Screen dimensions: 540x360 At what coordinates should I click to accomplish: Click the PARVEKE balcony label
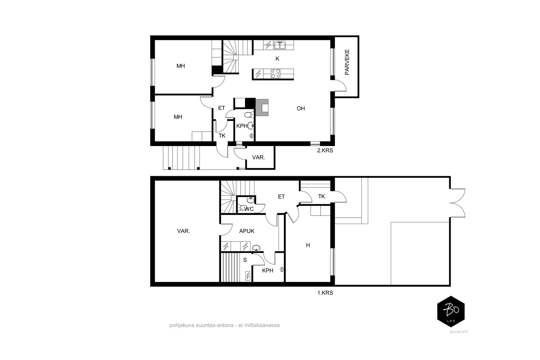pos(347,62)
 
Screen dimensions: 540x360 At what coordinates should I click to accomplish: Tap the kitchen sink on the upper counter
pos(280,45)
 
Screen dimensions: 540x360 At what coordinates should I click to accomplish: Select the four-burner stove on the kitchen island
pos(275,74)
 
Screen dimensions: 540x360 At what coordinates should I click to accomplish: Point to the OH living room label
pos(301,108)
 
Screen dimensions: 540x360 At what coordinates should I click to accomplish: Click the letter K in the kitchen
pos(277,59)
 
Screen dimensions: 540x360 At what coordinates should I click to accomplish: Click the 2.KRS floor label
pos(325,150)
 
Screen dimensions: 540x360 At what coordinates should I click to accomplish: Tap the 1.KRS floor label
pos(325,293)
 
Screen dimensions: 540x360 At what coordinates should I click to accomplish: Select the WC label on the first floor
pos(249,209)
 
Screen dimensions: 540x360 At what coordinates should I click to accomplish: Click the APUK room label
pos(247,231)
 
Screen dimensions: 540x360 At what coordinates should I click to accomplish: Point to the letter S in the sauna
pos(245,260)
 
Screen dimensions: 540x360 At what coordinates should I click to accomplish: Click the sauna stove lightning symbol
pos(248,276)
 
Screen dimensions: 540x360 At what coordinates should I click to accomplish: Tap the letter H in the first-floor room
pos(308,245)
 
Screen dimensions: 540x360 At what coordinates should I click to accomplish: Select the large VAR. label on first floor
pos(184,231)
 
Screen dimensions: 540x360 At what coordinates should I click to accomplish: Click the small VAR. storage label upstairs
pos(259,158)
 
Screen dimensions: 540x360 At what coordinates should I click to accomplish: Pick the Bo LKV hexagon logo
pos(451,311)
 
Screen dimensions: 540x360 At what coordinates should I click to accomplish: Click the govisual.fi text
pos(459,332)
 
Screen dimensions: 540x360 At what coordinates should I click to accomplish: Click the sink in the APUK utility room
pos(256,248)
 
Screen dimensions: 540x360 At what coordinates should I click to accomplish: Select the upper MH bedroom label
pos(181,66)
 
